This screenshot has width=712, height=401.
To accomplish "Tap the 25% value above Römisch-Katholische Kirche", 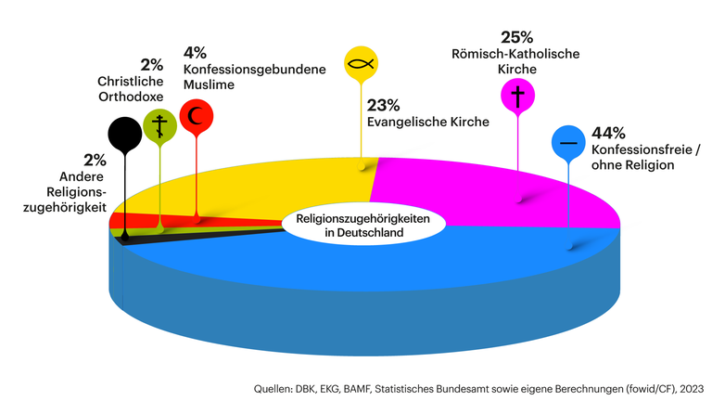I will coord(517,37).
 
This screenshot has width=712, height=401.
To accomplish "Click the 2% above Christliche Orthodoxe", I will coord(151,64).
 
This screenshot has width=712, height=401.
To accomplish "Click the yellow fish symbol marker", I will coord(361,64).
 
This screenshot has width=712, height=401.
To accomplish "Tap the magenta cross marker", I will coord(516,96).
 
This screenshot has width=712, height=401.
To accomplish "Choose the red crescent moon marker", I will coord(196,117).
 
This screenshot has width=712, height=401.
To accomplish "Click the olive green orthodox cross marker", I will coord(159,124).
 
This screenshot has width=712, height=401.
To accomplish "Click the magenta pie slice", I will coord(491,190).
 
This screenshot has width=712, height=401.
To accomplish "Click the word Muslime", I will coord(209,84).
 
